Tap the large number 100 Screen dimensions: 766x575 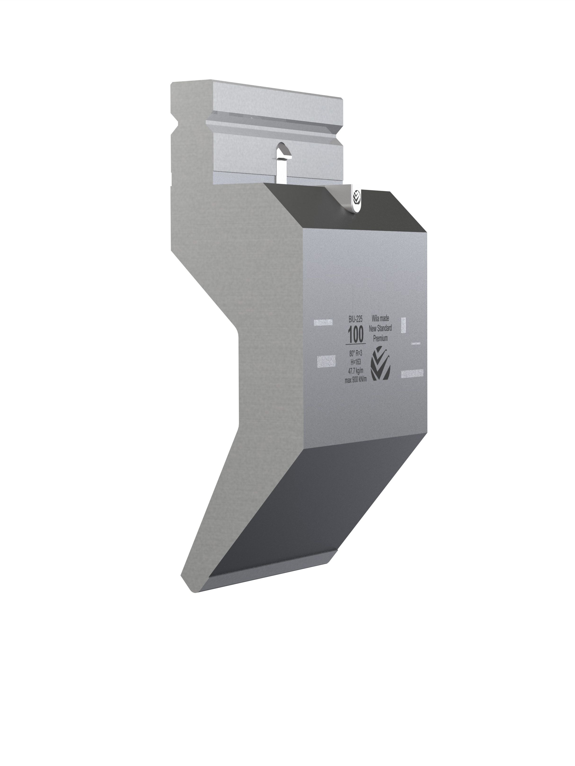coord(356,335)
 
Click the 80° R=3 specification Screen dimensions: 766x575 coord(356,353)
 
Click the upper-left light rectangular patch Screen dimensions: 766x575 coord(323,322)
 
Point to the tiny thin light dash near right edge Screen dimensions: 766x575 coord(415,344)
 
